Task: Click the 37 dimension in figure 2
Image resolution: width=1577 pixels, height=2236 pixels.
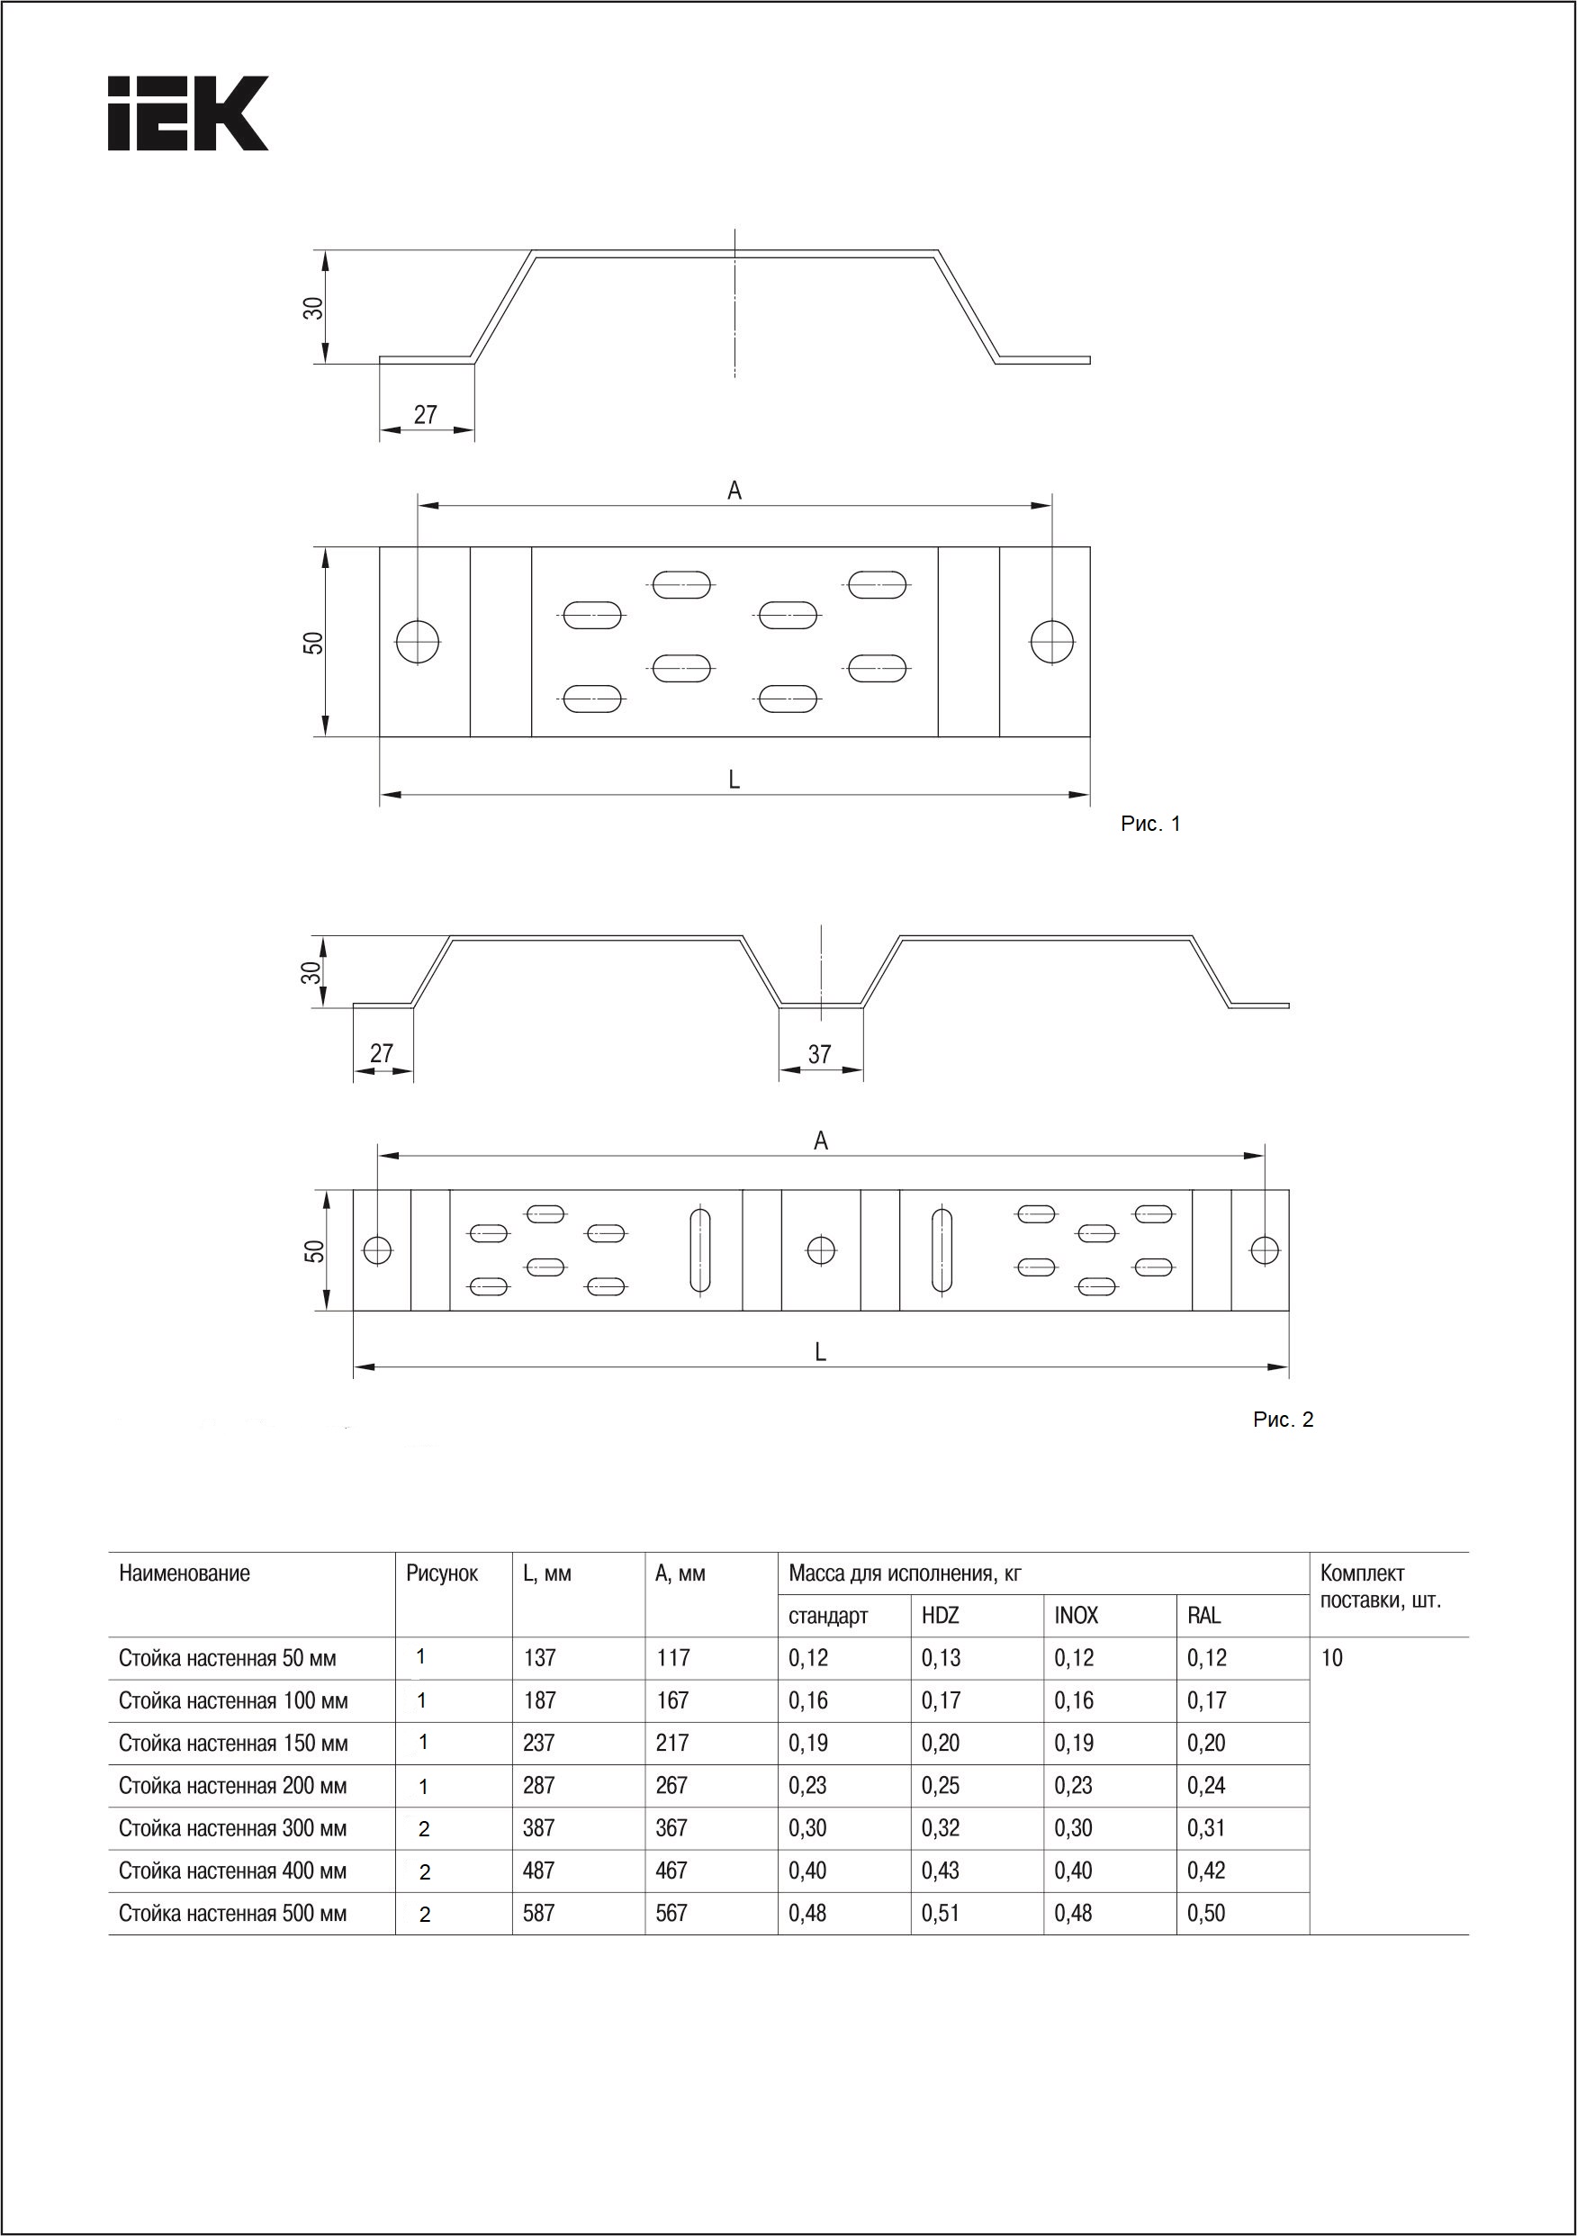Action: tap(819, 1054)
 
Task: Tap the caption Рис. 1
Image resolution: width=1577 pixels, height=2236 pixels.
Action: tap(1149, 824)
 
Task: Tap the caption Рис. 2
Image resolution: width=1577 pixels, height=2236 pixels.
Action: tap(1283, 1420)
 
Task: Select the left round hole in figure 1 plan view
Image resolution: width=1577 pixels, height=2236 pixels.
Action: tap(418, 642)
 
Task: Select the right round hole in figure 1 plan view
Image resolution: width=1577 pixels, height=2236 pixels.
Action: tap(1052, 642)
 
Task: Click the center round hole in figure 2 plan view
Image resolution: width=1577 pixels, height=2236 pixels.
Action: tap(821, 1249)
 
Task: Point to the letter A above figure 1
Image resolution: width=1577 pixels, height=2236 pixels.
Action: tap(734, 491)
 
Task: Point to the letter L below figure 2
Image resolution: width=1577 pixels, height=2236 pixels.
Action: tap(820, 1352)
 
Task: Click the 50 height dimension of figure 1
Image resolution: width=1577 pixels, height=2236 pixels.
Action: tap(312, 643)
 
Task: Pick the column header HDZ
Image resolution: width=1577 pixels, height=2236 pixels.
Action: tap(940, 1616)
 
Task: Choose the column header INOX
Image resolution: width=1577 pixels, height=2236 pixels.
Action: tap(1076, 1616)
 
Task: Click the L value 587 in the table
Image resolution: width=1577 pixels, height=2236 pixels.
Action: tap(538, 1914)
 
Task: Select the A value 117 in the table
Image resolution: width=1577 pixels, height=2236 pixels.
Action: tap(672, 1657)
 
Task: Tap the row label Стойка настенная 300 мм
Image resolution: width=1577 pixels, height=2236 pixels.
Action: tap(233, 1829)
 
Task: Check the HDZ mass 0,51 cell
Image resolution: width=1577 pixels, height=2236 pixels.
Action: tap(940, 1914)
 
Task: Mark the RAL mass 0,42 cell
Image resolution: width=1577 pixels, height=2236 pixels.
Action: tap(1206, 1871)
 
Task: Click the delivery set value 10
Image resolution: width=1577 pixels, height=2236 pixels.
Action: tap(1331, 1657)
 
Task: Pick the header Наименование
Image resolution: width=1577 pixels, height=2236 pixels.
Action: tap(185, 1573)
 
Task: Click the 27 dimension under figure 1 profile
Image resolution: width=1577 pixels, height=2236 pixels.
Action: tap(426, 415)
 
